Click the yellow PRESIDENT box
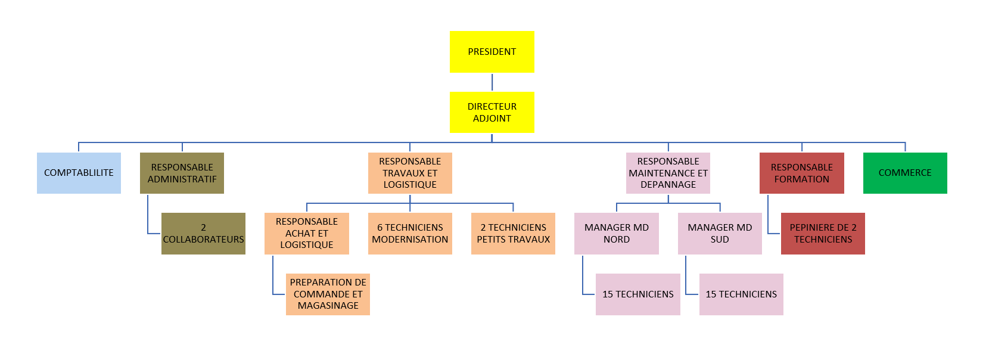(x=492, y=52)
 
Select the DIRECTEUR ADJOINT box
(x=492, y=112)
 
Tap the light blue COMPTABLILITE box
(x=79, y=173)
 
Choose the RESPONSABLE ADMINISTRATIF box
(x=182, y=173)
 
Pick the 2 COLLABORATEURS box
(x=203, y=234)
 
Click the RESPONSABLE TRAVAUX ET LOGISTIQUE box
(x=410, y=173)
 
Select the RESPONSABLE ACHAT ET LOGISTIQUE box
(x=306, y=234)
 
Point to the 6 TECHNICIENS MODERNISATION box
(x=410, y=234)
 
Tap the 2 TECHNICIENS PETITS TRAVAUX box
(x=513, y=234)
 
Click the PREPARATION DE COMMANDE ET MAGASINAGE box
(x=328, y=294)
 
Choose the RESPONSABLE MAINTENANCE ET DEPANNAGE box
(x=668, y=173)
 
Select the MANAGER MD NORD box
(x=616, y=234)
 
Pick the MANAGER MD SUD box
(x=720, y=234)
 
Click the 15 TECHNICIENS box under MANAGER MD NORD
(x=637, y=294)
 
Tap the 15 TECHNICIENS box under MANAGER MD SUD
(x=741, y=294)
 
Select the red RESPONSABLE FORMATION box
(x=801, y=173)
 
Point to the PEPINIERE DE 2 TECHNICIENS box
(x=823, y=234)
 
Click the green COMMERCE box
(x=905, y=173)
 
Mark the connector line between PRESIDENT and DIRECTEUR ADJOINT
(x=492, y=82)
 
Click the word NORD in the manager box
(x=616, y=240)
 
